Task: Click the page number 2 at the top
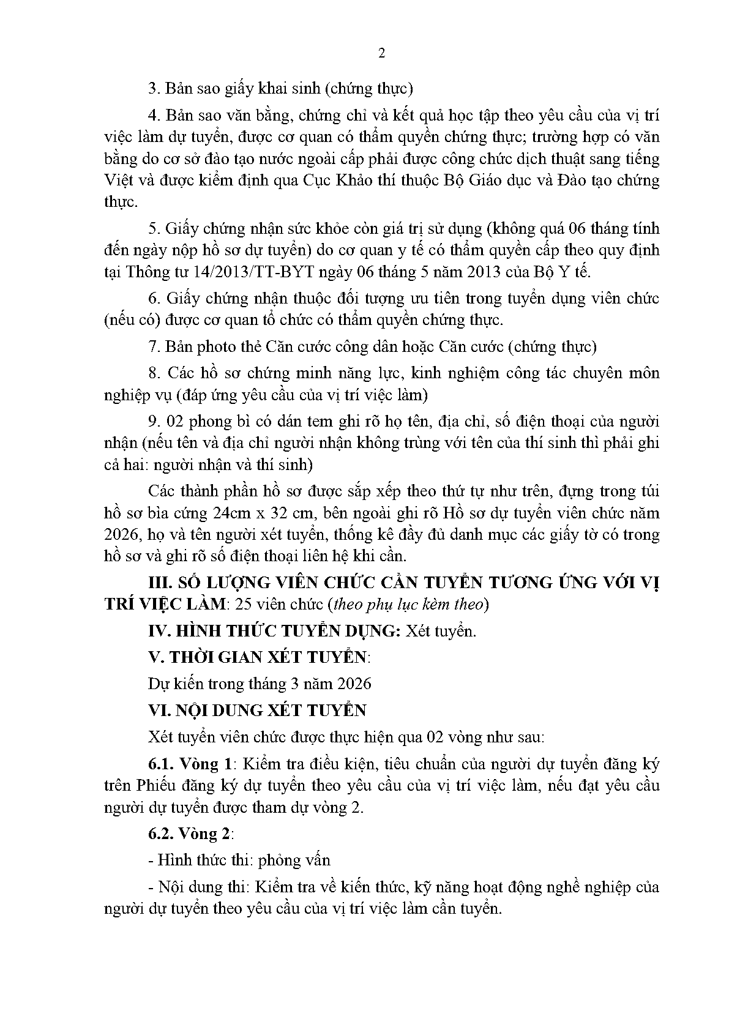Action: pos(382,53)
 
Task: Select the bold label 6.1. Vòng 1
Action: pos(192,764)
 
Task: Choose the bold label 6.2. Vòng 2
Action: pos(192,834)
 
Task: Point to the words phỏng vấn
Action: pos(294,860)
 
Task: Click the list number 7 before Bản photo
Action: pos(153,346)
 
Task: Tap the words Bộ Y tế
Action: pos(565,272)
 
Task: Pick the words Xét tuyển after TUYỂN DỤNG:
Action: pos(440,631)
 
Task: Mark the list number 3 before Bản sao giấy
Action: pos(153,88)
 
